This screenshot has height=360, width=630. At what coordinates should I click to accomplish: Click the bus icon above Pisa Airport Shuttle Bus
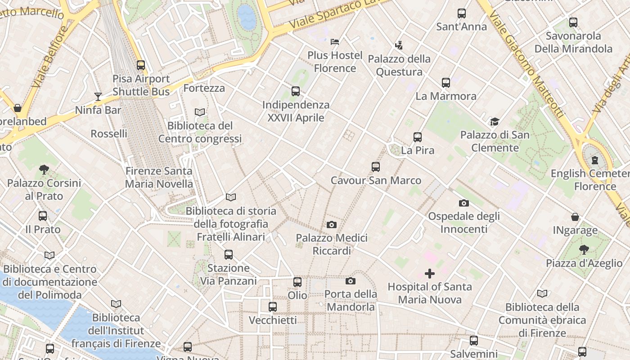(x=141, y=65)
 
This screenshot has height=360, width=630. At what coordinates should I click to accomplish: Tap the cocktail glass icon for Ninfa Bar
(x=98, y=96)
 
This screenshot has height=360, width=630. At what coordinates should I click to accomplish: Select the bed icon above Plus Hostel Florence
(x=334, y=42)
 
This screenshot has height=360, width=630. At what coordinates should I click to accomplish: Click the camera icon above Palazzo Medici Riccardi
(x=332, y=225)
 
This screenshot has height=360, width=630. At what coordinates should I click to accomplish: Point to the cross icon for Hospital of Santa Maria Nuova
(x=430, y=274)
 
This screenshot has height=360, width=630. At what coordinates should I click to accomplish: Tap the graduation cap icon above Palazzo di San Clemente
(x=495, y=121)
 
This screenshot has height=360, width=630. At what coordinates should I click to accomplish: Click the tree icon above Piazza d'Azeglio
(x=584, y=250)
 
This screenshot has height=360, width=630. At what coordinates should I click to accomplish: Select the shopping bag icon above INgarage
(x=575, y=217)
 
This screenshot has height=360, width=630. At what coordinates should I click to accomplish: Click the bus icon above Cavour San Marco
(x=376, y=167)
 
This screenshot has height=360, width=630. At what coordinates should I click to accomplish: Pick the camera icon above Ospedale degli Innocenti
(x=463, y=203)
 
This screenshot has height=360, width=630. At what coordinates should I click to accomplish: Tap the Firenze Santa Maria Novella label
(x=159, y=177)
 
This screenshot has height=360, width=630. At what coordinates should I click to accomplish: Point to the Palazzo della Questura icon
(x=398, y=45)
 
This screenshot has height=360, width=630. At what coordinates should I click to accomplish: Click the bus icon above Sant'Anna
(x=462, y=13)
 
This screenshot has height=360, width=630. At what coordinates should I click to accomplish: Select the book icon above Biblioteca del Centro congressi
(x=200, y=112)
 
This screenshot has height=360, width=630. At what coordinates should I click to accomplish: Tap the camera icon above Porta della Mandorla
(x=351, y=281)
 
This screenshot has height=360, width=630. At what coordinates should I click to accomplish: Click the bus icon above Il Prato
(x=43, y=216)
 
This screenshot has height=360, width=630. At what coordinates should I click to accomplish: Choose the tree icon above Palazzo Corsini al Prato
(x=44, y=170)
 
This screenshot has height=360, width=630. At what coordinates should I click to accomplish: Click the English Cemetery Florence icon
(x=595, y=160)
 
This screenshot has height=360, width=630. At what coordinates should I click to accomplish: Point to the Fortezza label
(x=204, y=88)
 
